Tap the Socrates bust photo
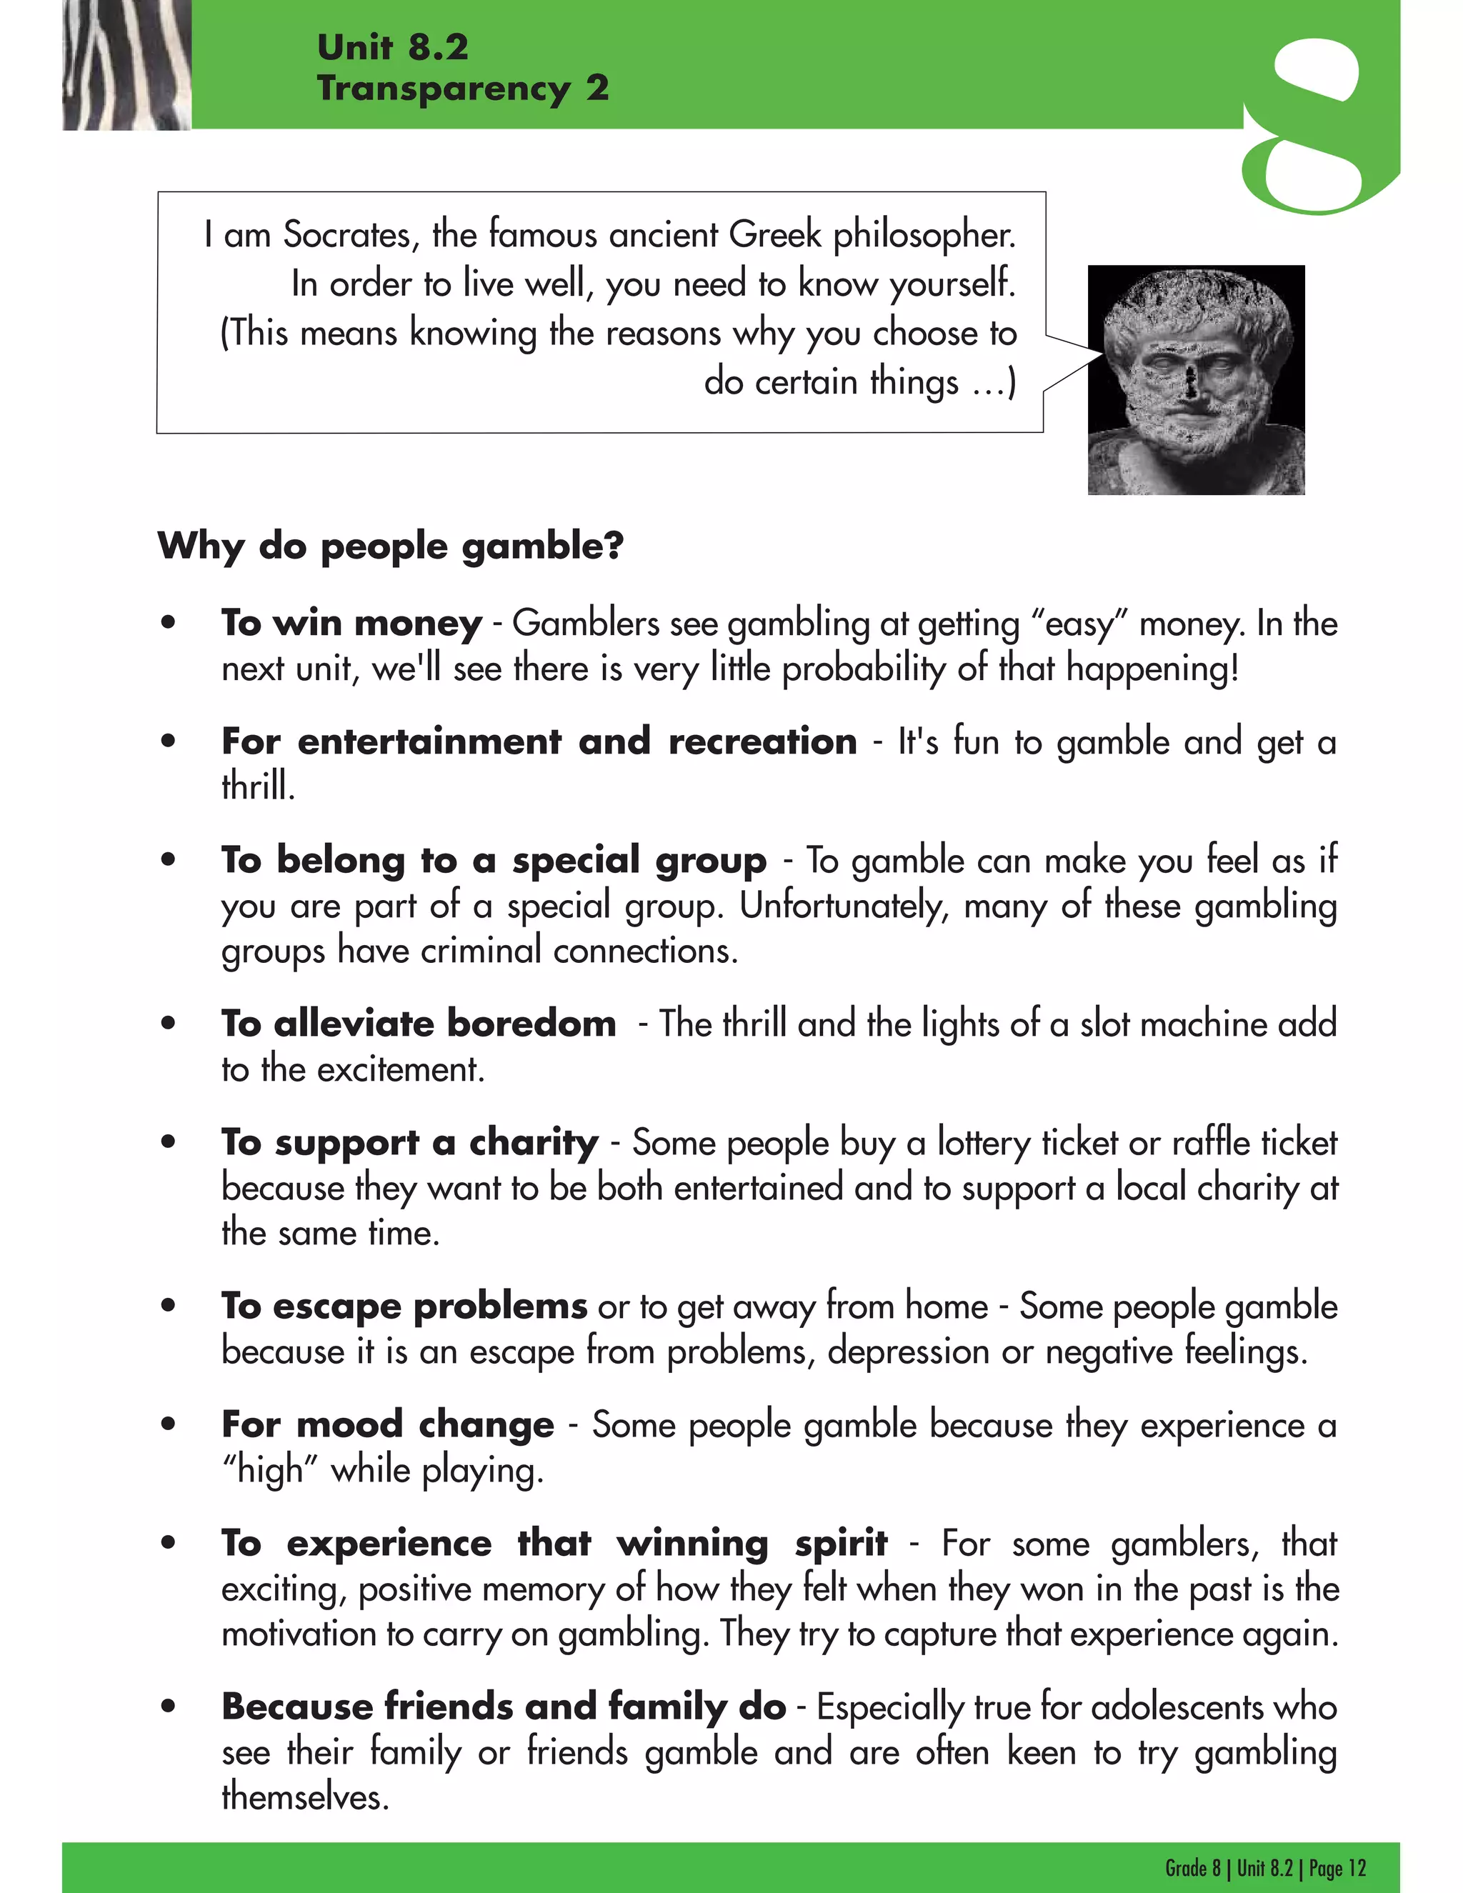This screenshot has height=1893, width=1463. (x=1195, y=379)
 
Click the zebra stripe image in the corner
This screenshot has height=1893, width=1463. (x=126, y=65)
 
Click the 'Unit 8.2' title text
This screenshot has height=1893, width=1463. (x=393, y=47)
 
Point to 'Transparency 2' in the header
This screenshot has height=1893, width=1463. (x=463, y=89)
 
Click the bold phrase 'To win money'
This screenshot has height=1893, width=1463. (x=351, y=623)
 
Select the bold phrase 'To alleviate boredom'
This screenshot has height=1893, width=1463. (x=419, y=1024)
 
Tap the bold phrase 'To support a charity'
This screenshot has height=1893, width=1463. (x=409, y=1142)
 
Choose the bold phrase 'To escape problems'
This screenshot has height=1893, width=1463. (x=404, y=1307)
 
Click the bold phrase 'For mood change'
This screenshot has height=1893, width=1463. (x=387, y=1425)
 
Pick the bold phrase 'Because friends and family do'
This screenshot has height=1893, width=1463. (x=504, y=1707)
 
